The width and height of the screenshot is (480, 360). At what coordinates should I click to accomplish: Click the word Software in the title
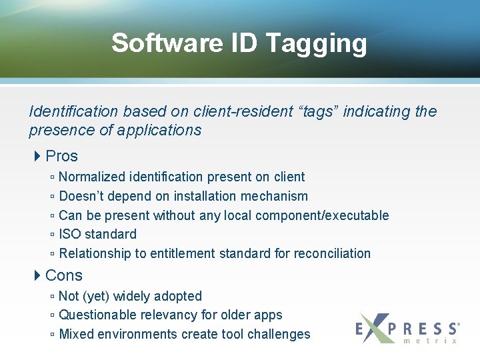click(x=167, y=43)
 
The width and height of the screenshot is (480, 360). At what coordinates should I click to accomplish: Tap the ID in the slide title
click(x=245, y=43)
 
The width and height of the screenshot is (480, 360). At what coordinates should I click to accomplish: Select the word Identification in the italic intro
click(x=73, y=111)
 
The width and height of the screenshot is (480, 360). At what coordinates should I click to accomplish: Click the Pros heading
click(x=62, y=156)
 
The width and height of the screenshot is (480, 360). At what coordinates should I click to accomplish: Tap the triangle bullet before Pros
click(x=38, y=156)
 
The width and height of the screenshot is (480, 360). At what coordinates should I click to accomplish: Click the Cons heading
click(x=64, y=275)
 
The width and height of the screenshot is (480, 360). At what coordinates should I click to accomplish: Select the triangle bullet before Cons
click(x=38, y=275)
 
